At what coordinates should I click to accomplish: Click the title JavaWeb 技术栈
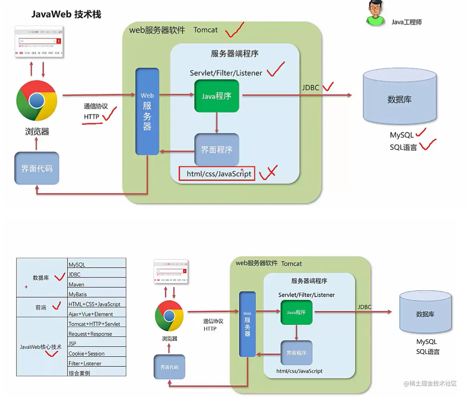(x=66, y=14)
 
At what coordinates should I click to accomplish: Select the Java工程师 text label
(x=406, y=22)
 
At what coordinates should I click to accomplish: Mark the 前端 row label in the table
(x=41, y=307)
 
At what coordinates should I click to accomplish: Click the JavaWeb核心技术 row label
(x=40, y=347)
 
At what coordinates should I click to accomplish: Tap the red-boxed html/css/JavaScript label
(x=217, y=174)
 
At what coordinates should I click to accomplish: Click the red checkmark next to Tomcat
(x=234, y=30)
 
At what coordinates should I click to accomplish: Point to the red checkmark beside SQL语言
(x=428, y=145)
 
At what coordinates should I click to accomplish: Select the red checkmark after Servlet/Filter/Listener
(x=275, y=70)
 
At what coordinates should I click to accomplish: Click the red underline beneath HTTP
(x=92, y=124)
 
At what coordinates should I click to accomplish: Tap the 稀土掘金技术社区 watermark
(x=430, y=383)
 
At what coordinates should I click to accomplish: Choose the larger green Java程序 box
(x=216, y=96)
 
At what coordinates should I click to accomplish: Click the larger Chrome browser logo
(x=37, y=101)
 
